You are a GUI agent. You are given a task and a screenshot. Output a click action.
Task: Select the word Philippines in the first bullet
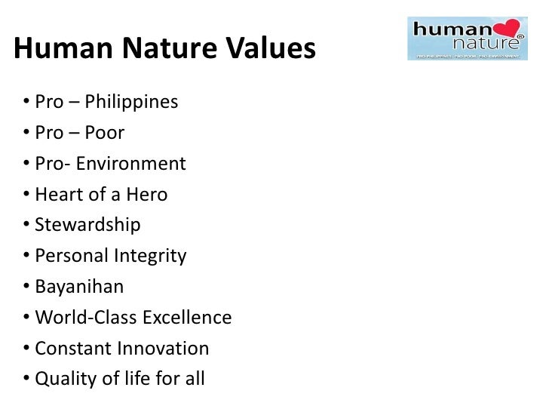point(130,102)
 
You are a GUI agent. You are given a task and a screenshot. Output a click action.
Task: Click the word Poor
point(104,133)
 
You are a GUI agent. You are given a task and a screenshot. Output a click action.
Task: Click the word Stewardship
point(87,226)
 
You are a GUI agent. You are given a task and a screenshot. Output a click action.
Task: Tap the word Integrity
point(150,256)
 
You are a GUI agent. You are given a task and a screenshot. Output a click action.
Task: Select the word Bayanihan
point(79,287)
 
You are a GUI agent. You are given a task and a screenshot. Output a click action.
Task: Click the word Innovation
point(164,349)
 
